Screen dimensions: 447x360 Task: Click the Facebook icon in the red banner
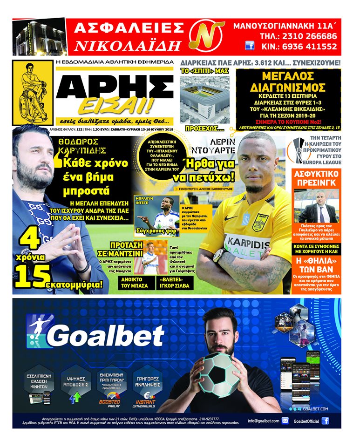pos(250,46)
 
